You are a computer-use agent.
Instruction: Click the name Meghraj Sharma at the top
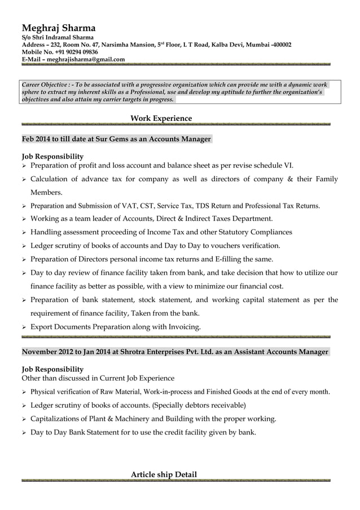click(59, 28)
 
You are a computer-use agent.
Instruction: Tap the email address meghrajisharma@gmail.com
click(86, 59)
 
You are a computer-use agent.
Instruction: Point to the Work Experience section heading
click(161, 118)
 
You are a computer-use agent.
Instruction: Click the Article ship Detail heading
click(164, 474)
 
